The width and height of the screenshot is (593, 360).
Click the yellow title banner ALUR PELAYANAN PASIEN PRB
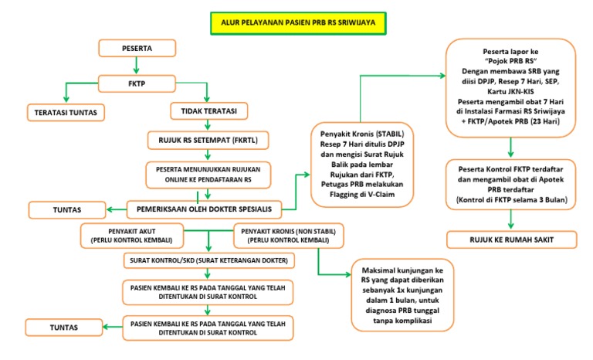coord(298,23)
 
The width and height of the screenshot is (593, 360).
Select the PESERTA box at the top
coord(137,49)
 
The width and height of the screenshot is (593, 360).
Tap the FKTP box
coord(137,80)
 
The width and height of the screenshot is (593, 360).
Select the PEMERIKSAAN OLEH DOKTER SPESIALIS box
coord(204,208)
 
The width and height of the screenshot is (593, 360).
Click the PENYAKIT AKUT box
coord(132,234)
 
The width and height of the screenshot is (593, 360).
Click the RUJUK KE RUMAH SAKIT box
coord(512,240)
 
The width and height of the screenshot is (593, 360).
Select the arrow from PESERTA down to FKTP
coord(137,65)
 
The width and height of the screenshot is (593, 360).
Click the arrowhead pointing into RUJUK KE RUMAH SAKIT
coord(511,227)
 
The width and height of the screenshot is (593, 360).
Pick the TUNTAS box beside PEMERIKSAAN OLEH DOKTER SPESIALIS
coord(66,209)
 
